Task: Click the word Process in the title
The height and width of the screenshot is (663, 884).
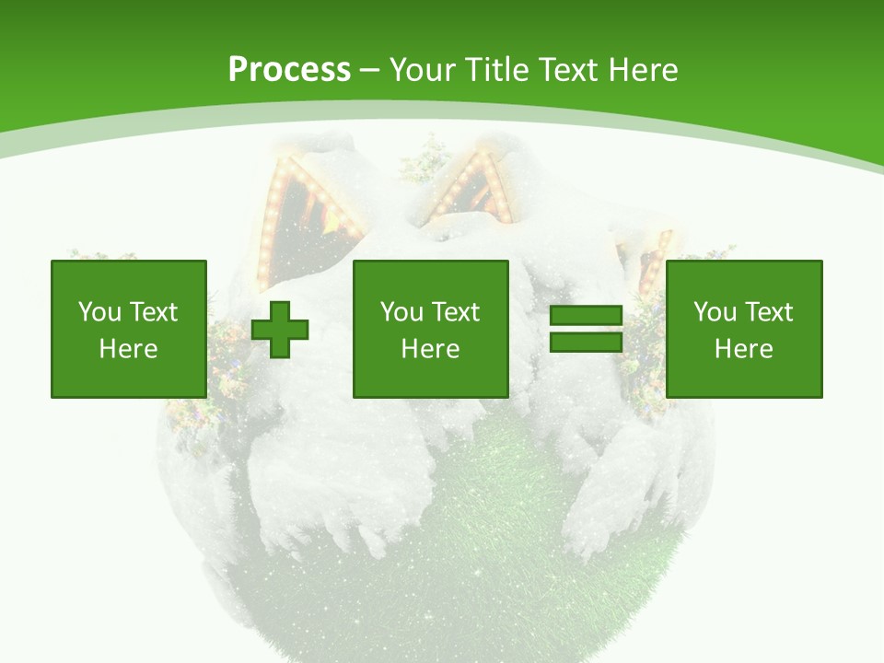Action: [289, 70]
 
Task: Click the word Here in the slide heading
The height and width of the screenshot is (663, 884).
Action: [644, 70]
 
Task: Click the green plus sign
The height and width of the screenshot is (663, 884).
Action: [280, 329]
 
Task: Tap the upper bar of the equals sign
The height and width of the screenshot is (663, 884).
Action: [586, 316]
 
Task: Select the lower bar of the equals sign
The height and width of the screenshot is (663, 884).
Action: [586, 342]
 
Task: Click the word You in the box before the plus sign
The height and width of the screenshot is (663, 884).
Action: [99, 312]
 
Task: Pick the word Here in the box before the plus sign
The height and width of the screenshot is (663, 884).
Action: [128, 349]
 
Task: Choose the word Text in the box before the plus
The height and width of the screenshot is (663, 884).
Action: [152, 312]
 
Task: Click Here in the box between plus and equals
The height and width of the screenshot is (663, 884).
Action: [430, 349]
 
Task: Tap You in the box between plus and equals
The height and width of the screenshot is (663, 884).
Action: [401, 312]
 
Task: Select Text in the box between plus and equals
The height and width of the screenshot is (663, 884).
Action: [454, 312]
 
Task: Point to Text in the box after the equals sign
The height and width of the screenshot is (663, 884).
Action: [767, 312]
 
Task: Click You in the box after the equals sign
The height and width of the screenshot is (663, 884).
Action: [715, 312]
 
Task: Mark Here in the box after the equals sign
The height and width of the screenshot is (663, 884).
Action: [743, 349]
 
